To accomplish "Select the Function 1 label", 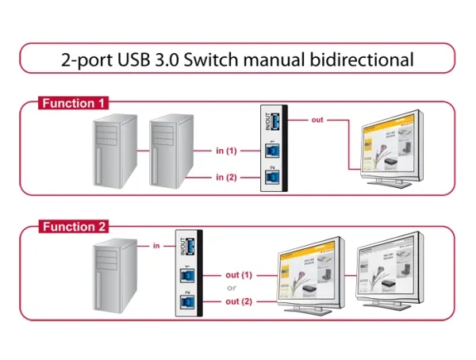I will pyautogui.click(x=75, y=104).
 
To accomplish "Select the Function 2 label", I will pyautogui.click(x=75, y=228).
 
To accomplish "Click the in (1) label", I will pyautogui.click(x=226, y=151).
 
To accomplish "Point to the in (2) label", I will pyautogui.click(x=226, y=177).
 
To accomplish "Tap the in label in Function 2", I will pyautogui.click(x=156, y=246).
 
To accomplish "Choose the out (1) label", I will pyautogui.click(x=238, y=275).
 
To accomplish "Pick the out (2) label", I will pyautogui.click(x=238, y=301).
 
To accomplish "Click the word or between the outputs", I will pyautogui.click(x=232, y=289).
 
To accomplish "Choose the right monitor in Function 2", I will pyautogui.click(x=389, y=274).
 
